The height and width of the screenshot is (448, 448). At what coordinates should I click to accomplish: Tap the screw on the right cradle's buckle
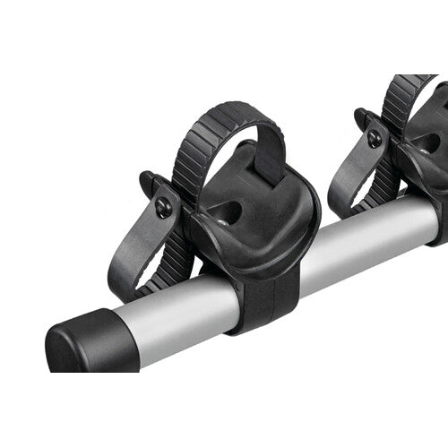[x=374, y=139]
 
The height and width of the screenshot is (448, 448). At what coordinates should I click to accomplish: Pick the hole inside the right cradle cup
[x=428, y=143]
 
